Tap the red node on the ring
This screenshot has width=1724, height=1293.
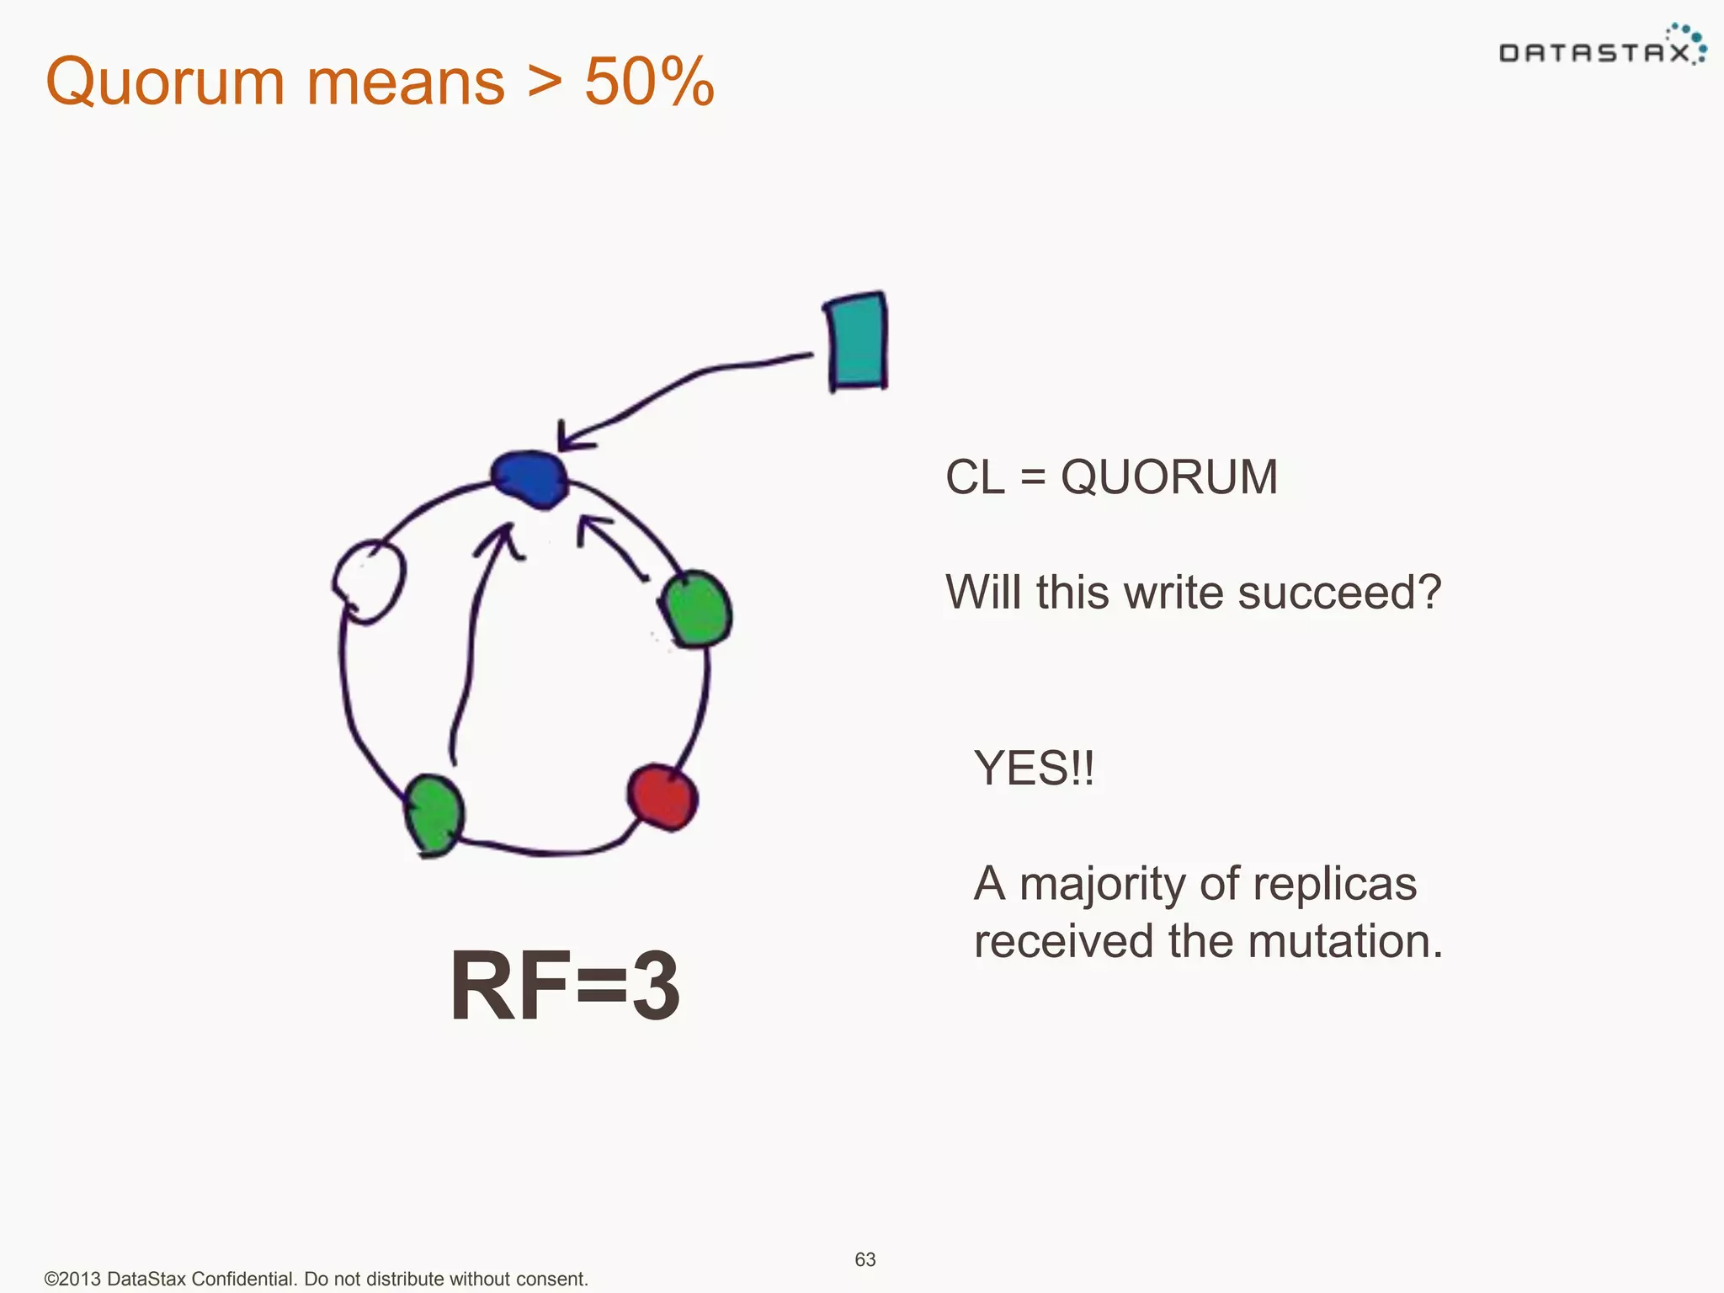tap(662, 795)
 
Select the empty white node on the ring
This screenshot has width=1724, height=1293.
tap(370, 580)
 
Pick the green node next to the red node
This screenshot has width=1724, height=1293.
tap(696, 609)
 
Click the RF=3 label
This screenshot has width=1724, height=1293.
tap(565, 985)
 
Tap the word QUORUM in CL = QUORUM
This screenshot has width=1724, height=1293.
tap(1168, 477)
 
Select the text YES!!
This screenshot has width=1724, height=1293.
tap(1034, 768)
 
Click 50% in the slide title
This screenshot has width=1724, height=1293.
tap(649, 82)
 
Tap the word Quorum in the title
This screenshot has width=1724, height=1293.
tap(166, 82)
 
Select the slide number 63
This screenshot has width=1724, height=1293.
tap(865, 1259)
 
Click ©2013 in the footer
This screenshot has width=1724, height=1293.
tap(72, 1279)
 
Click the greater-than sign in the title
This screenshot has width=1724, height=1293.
tap(545, 82)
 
